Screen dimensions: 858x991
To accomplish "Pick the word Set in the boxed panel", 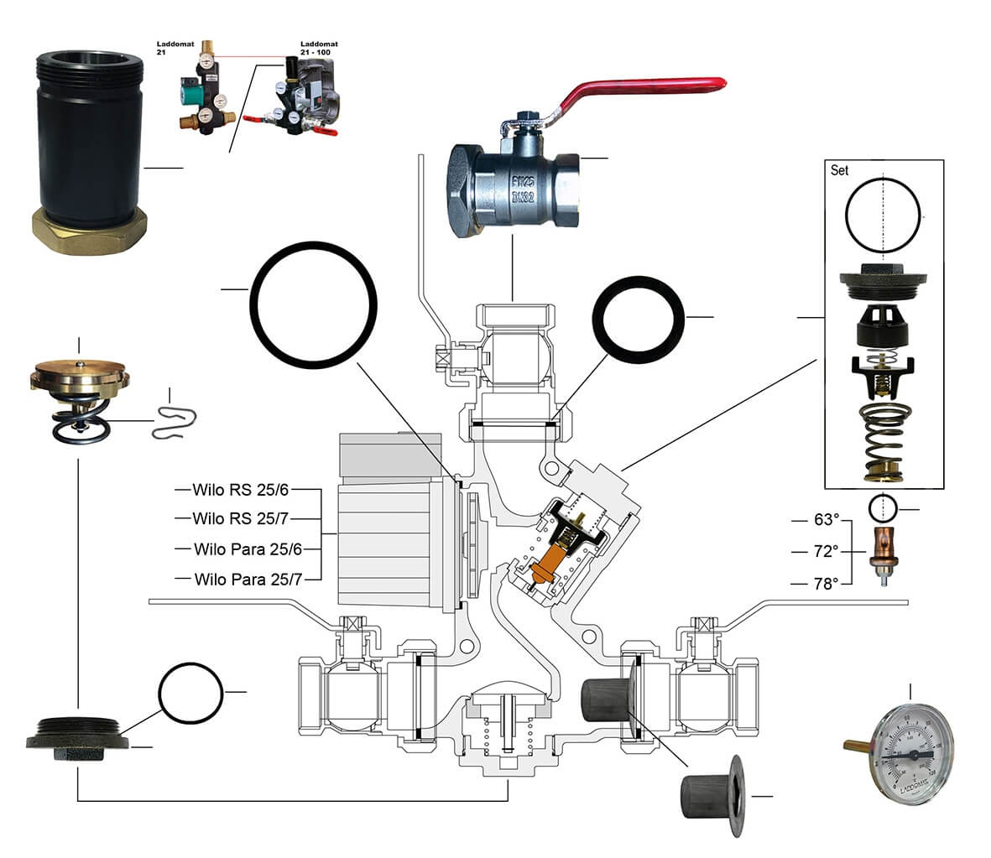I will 839,170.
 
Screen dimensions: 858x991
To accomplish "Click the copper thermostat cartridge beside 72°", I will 883,550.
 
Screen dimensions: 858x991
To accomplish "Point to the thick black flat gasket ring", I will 639,318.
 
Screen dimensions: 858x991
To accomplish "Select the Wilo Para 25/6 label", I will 248,549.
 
